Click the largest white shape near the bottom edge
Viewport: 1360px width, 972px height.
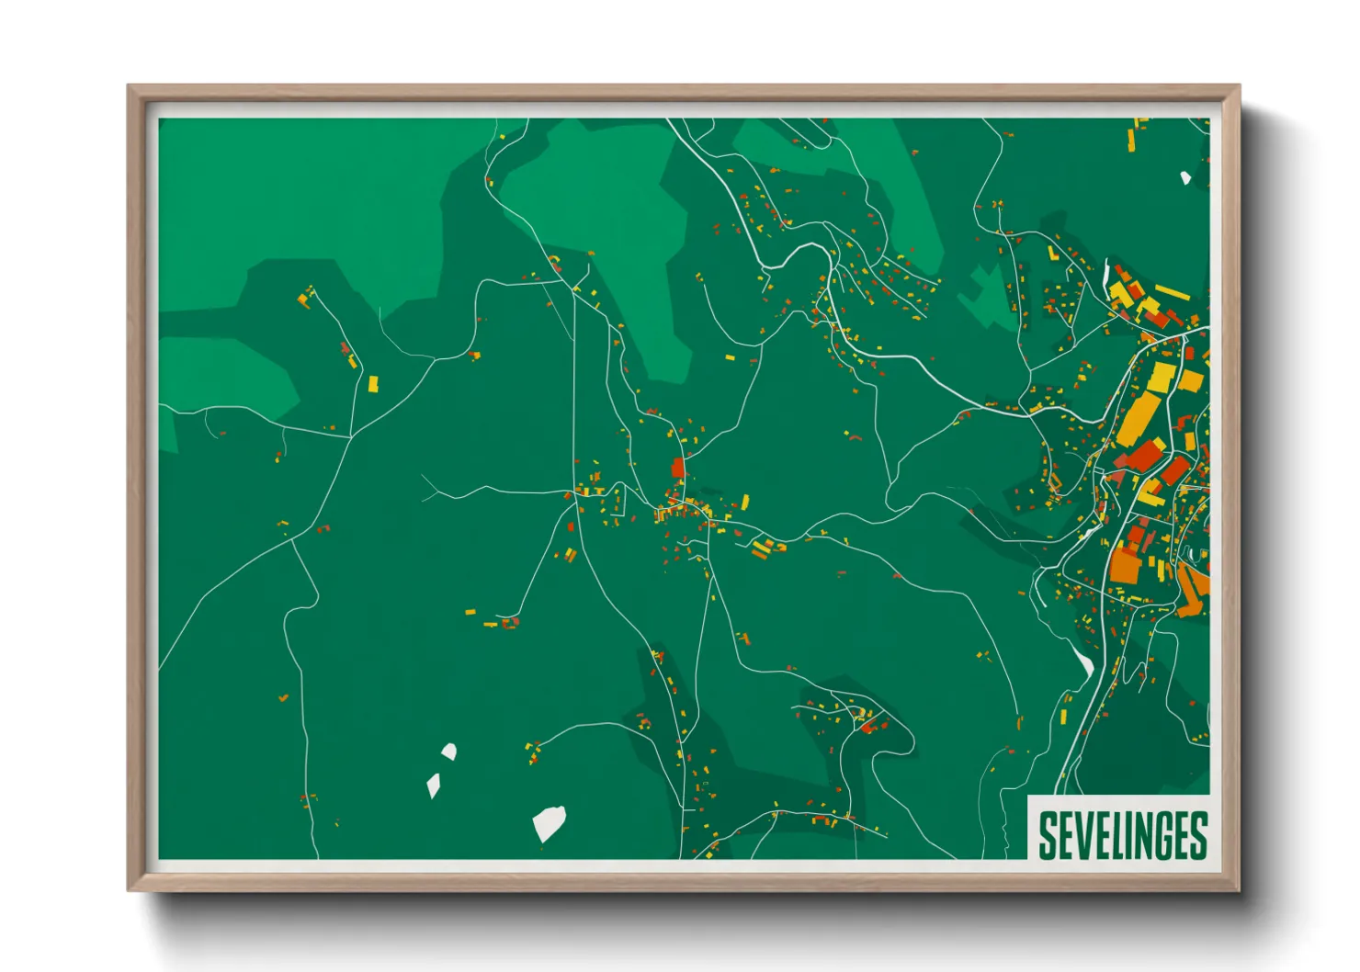coord(549,822)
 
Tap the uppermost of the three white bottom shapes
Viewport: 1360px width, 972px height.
coord(448,752)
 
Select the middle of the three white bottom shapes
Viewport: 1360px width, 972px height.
coord(433,786)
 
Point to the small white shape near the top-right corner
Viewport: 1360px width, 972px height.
coord(1185,177)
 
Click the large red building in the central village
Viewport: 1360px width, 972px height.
coord(678,469)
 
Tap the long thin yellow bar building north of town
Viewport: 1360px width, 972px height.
coord(1173,292)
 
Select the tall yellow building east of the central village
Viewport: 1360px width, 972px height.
coord(744,502)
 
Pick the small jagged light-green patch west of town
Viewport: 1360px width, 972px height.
coord(986,291)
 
